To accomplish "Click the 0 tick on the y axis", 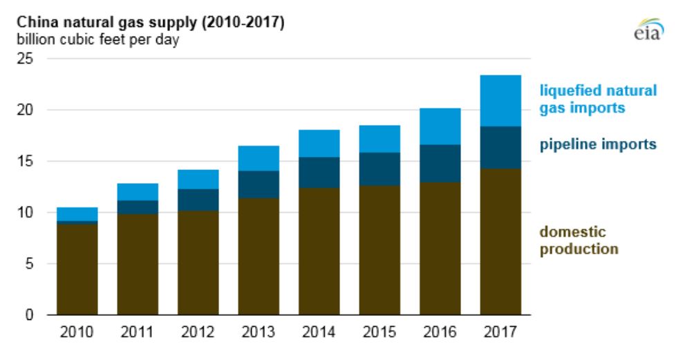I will pyautogui.click(x=29, y=315).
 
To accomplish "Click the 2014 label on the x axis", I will pyautogui.click(x=319, y=333).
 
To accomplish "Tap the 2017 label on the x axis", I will pyautogui.click(x=500, y=333).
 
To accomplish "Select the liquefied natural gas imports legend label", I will pyautogui.click(x=597, y=99).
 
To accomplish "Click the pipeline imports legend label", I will pyautogui.click(x=597, y=144).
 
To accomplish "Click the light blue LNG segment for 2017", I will pyautogui.click(x=500, y=101).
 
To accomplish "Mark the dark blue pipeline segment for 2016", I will pyautogui.click(x=440, y=163).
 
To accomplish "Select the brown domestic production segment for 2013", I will pyautogui.click(x=259, y=256).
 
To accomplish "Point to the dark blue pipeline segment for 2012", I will pyautogui.click(x=198, y=200).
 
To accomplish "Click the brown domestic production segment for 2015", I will pyautogui.click(x=380, y=250).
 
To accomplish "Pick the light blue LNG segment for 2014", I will pyautogui.click(x=319, y=143).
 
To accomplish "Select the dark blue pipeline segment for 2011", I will pyautogui.click(x=138, y=207).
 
